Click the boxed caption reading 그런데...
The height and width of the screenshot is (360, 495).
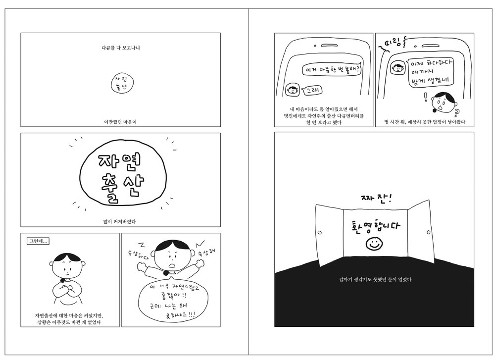(x=38, y=241)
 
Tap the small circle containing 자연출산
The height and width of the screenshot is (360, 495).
(x=122, y=84)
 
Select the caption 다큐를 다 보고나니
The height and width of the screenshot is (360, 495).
(x=121, y=48)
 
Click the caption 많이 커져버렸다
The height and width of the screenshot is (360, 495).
(x=120, y=222)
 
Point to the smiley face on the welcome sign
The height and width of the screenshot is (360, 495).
(x=374, y=244)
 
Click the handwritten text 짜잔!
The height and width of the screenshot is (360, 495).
(x=376, y=198)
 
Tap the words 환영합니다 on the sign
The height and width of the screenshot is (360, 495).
(x=376, y=226)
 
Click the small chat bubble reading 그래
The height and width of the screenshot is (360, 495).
(x=312, y=91)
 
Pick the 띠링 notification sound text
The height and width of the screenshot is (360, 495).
(x=393, y=43)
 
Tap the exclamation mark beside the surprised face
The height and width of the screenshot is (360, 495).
(x=426, y=97)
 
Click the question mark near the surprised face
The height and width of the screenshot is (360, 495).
(x=456, y=112)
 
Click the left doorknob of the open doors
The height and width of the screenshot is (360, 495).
(x=319, y=233)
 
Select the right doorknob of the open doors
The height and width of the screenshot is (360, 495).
(x=428, y=232)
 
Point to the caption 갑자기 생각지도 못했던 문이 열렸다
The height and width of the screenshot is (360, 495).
(x=375, y=279)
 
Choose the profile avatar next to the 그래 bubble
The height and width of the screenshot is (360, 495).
(x=293, y=90)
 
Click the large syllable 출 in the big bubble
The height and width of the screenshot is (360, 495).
(x=110, y=188)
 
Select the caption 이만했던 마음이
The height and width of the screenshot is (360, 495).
(x=120, y=122)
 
